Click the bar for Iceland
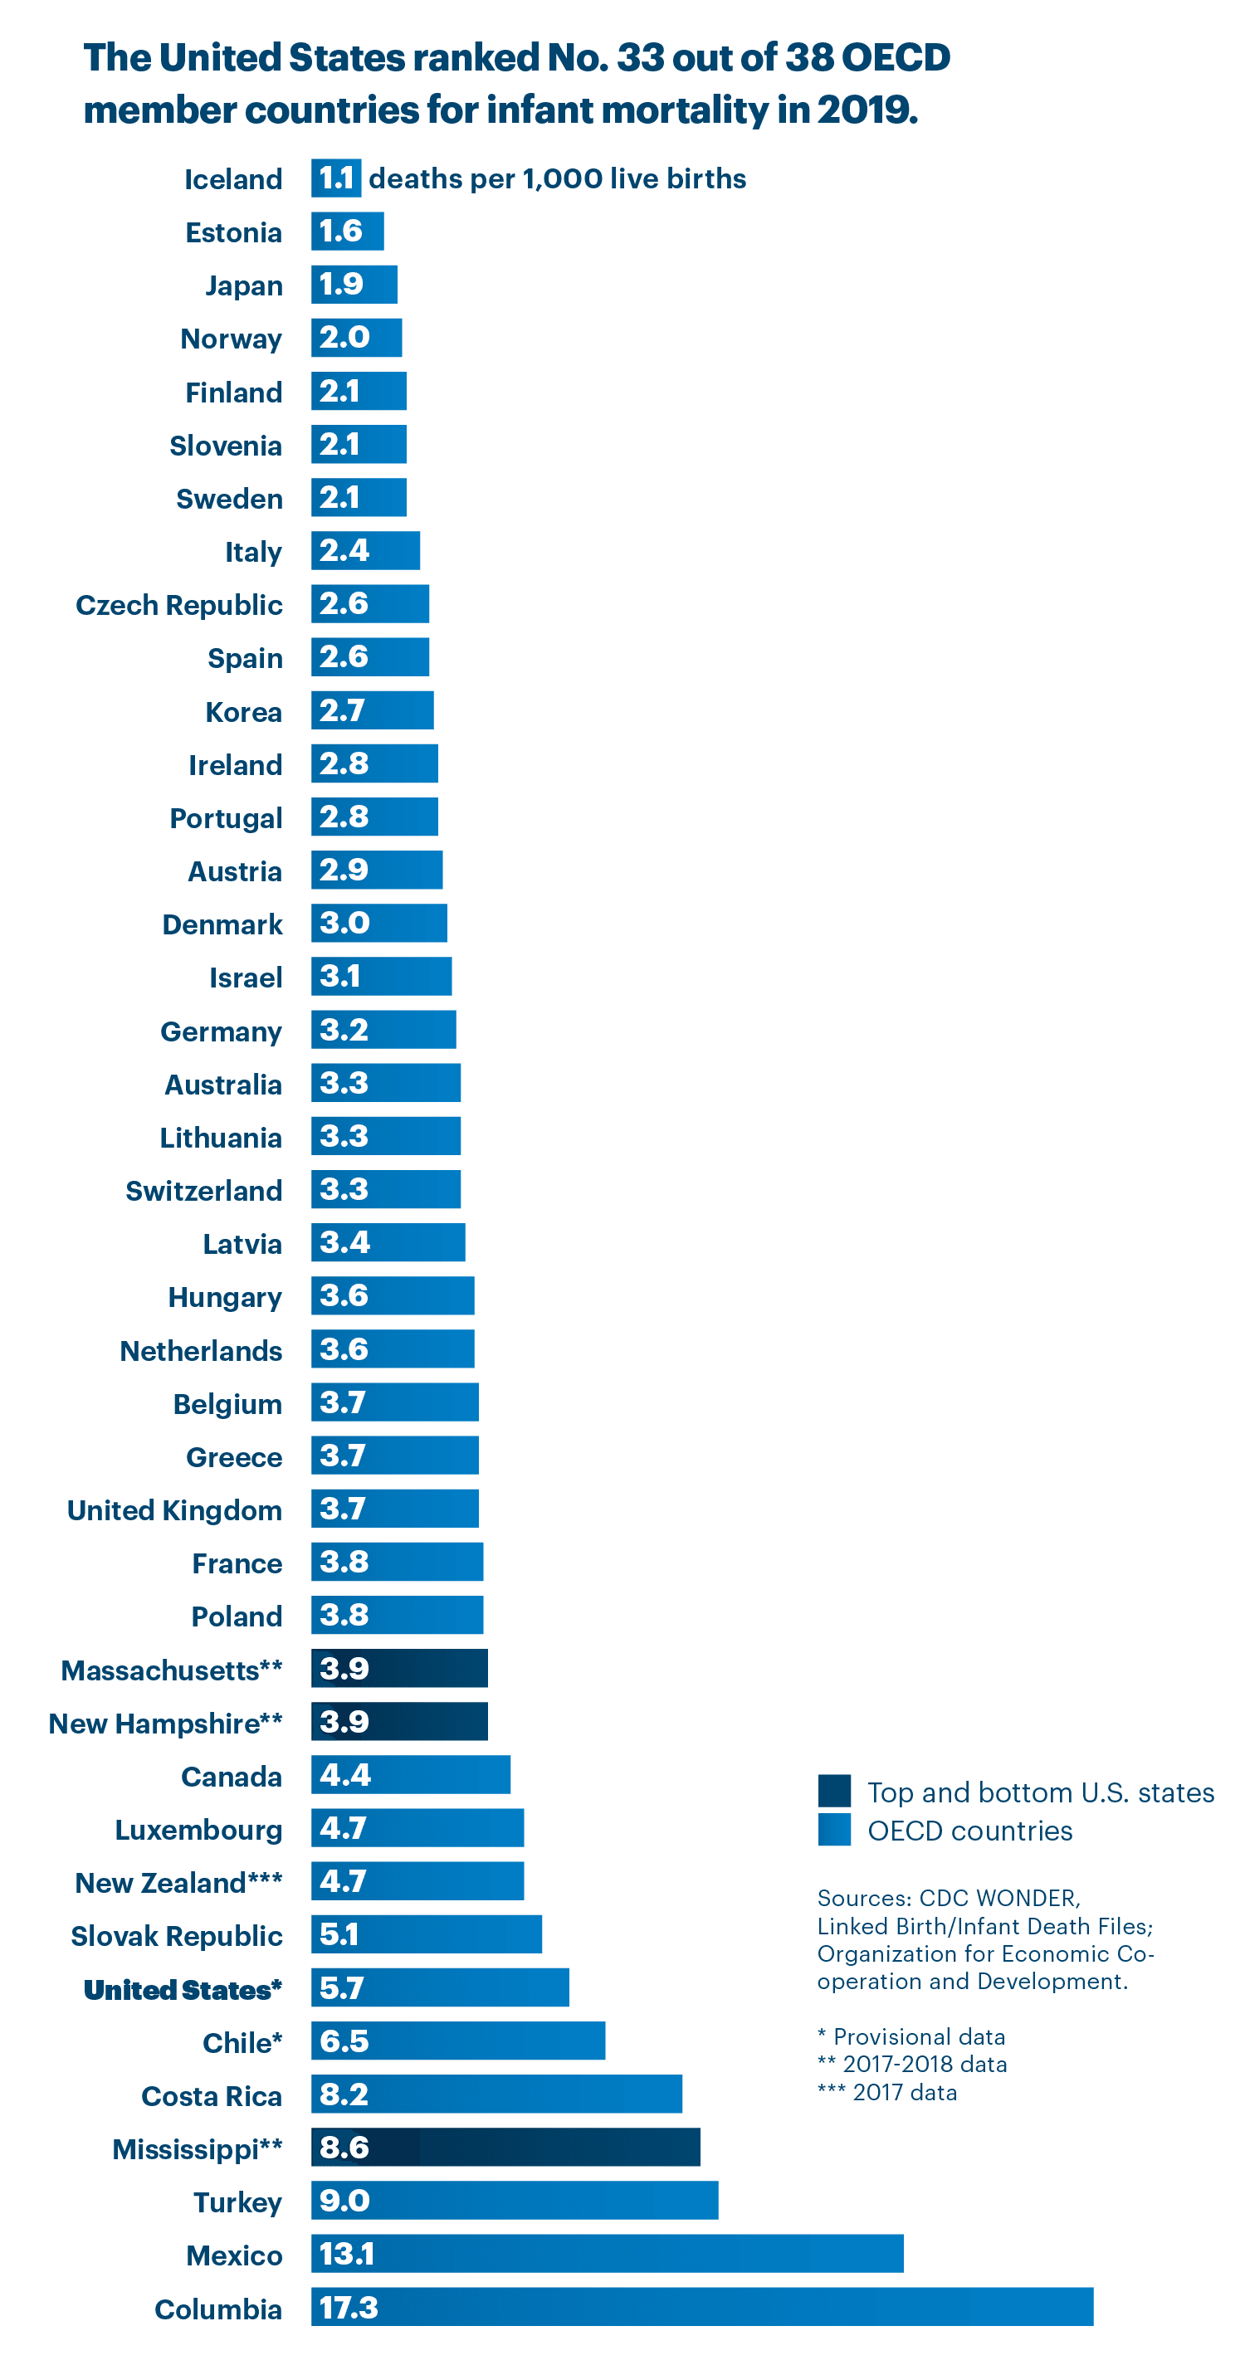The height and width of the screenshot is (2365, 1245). point(335,178)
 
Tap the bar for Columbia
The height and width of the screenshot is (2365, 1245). point(702,2306)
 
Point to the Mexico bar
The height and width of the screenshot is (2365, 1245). point(607,2253)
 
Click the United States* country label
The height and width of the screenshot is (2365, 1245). point(183,1988)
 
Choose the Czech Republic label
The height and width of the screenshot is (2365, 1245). point(179,605)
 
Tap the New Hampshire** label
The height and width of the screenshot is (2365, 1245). point(165,1724)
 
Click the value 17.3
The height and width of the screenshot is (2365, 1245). point(349,2306)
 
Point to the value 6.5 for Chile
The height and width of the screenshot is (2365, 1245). point(344,2040)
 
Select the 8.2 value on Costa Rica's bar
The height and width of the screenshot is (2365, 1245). point(344,2094)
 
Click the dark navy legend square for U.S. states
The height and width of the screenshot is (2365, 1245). point(833,1790)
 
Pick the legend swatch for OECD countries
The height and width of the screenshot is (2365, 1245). point(833,1829)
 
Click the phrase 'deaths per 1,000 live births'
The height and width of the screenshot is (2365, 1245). point(557,178)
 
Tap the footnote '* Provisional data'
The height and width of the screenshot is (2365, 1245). point(911,2036)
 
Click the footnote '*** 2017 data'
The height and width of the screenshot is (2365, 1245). point(887,2091)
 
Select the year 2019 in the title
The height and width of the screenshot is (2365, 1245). point(867,110)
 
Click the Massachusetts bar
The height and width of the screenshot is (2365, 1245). point(399,1667)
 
